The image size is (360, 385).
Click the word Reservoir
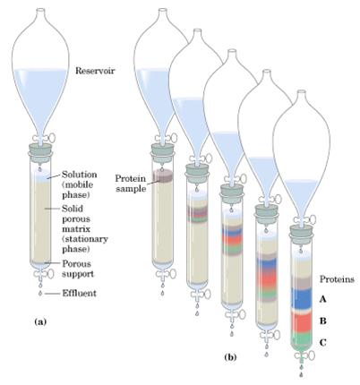(95, 71)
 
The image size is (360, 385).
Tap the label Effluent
(79, 294)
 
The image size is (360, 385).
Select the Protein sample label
(131, 184)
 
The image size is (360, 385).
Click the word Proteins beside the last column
(337, 279)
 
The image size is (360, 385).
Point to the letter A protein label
(322, 299)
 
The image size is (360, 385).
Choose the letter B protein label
(322, 321)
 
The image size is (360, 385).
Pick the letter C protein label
(322, 343)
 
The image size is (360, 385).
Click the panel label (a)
(40, 322)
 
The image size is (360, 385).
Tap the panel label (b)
(230, 357)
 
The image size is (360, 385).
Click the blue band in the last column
(302, 298)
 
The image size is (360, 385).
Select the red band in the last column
(302, 321)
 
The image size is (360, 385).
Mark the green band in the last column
(302, 340)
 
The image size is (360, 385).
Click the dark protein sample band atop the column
(162, 175)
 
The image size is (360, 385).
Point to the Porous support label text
(78, 269)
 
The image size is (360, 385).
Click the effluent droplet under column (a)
(40, 294)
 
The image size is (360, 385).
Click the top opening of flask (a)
(40, 10)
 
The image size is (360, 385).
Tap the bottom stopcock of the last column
(304, 355)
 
